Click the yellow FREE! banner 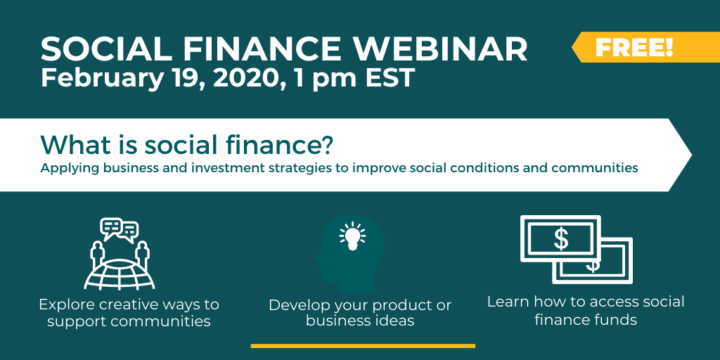tap(645, 47)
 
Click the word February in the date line tap(102, 79)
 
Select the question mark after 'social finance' tap(326, 144)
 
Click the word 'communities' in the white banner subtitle tap(595, 168)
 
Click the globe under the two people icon tap(120, 274)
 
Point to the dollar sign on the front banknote tap(560, 240)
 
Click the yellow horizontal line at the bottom tap(363, 346)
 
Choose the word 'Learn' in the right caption tap(506, 302)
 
